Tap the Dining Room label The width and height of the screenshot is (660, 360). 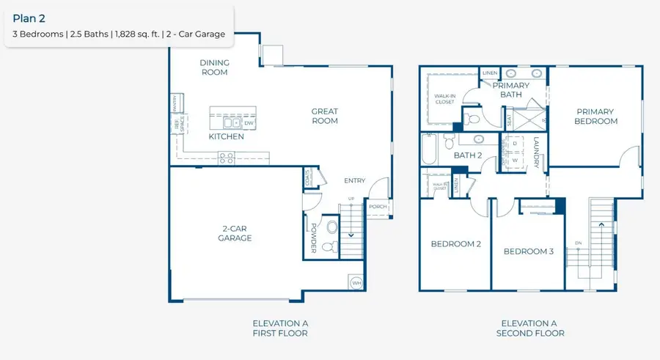(x=214, y=67)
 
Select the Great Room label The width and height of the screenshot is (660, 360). (x=324, y=116)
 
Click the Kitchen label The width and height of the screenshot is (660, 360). (x=226, y=137)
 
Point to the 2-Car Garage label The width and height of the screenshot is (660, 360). (x=236, y=233)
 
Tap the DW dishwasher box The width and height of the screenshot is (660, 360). (x=249, y=123)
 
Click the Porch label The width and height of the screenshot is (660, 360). (x=378, y=207)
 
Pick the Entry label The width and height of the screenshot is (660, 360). (x=355, y=181)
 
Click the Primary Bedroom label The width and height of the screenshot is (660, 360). (x=595, y=117)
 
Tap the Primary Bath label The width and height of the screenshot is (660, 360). (x=510, y=90)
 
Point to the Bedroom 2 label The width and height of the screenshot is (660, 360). (x=455, y=244)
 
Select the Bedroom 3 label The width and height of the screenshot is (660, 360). (x=528, y=251)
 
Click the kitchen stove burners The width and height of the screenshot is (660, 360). (x=227, y=156)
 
